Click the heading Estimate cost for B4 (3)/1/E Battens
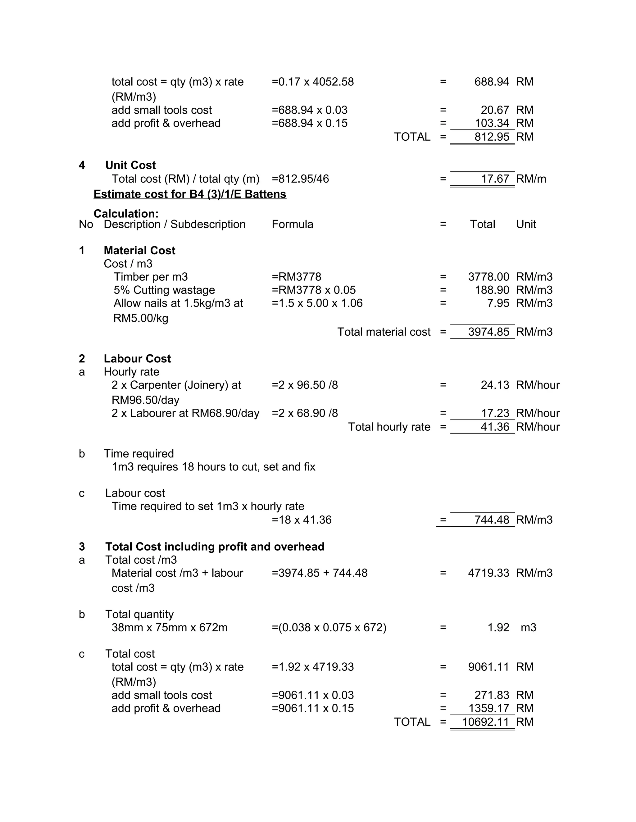click(190, 194)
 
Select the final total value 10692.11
click(485, 722)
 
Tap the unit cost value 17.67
click(495, 179)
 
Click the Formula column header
click(293, 224)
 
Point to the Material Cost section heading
click(139, 251)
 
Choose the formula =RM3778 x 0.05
click(313, 290)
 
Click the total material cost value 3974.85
click(488, 332)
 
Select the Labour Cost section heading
click(137, 359)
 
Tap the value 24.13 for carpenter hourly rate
click(495, 385)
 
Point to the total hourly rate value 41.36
click(495, 427)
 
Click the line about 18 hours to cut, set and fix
click(213, 467)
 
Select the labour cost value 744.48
click(492, 520)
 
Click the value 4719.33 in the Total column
click(488, 573)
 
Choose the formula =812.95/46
click(300, 179)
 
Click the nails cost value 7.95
click(498, 303)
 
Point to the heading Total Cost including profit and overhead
click(215, 547)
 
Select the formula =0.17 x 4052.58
click(313, 82)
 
